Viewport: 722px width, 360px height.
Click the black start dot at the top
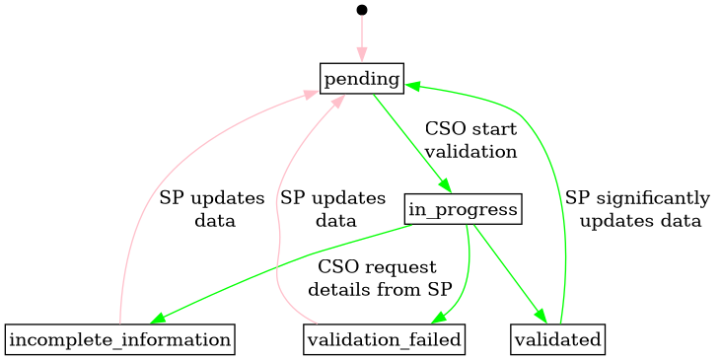click(x=362, y=10)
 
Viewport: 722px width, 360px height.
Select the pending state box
click(x=362, y=78)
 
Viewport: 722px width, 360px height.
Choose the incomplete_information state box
click(x=119, y=340)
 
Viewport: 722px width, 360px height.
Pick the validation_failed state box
click(x=384, y=340)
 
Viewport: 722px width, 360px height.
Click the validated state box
click(x=558, y=340)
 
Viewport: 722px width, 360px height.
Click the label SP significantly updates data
click(x=638, y=209)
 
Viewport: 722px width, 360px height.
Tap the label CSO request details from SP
click(x=380, y=279)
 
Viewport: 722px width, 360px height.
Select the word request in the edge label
click(x=399, y=268)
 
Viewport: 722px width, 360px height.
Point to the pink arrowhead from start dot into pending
click(x=362, y=56)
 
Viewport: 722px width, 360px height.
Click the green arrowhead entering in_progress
click(x=446, y=189)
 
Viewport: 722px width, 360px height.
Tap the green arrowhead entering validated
click(x=541, y=316)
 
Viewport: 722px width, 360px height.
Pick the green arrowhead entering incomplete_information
click(x=159, y=320)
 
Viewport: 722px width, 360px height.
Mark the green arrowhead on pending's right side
click(x=412, y=86)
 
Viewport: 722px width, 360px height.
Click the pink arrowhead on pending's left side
click(x=311, y=95)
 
